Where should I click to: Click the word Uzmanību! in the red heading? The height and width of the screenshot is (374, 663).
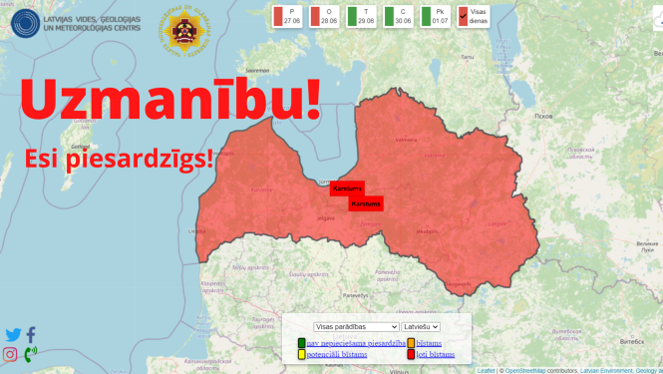coord(170,103)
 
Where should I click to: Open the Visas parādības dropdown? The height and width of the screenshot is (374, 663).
coord(355,326)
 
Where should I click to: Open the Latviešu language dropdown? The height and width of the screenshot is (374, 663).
coord(421,326)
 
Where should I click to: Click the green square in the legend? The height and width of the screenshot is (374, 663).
coord(301,343)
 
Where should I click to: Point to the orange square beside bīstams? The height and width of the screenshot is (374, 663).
coord(411,343)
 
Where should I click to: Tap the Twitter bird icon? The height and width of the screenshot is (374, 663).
coord(13,335)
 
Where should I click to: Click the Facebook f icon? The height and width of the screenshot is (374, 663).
coord(31,335)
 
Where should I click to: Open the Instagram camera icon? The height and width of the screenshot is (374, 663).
coord(11,354)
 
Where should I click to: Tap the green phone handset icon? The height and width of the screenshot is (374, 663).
coord(30,354)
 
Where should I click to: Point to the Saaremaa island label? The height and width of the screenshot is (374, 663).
coord(258,70)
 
